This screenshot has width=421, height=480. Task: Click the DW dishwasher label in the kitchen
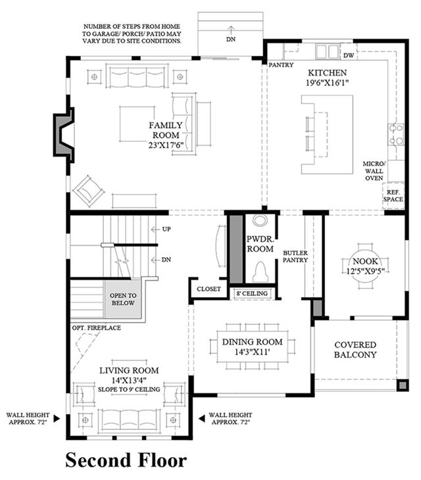pyautogui.click(x=349, y=55)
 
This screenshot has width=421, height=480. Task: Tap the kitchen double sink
pyautogui.click(x=327, y=51)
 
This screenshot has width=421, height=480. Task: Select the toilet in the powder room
pyautogui.click(x=260, y=272)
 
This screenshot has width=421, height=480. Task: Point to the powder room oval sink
pyautogui.click(x=260, y=220)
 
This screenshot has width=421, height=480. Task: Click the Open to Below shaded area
pyautogui.click(x=123, y=300)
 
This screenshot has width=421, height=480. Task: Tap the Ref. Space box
pyautogui.click(x=393, y=196)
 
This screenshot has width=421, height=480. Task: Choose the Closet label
pyautogui.click(x=209, y=289)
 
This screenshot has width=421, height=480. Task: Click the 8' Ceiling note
pyautogui.click(x=252, y=293)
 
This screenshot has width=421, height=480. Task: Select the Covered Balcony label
pyautogui.click(x=355, y=350)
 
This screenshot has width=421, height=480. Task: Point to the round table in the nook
pyautogui.click(x=365, y=266)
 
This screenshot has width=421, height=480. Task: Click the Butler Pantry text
pyautogui.click(x=295, y=256)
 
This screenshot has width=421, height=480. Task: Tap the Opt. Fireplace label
pyautogui.click(x=97, y=328)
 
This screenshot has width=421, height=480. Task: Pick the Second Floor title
pyautogui.click(x=126, y=460)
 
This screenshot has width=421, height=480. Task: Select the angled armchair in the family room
pyautogui.click(x=89, y=191)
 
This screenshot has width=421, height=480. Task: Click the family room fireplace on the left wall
pyautogui.click(x=64, y=135)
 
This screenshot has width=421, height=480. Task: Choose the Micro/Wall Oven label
pyautogui.click(x=374, y=171)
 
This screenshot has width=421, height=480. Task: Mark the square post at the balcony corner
pyautogui.click(x=403, y=385)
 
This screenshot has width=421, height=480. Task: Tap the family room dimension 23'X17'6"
pyautogui.click(x=166, y=145)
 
